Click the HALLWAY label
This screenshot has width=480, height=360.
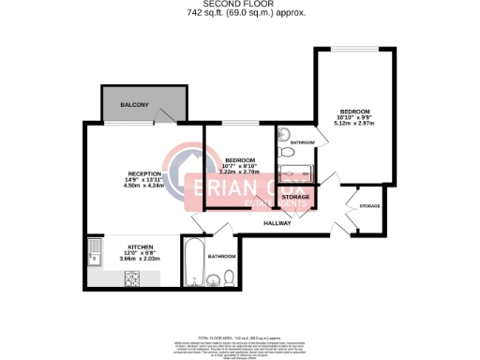click(277, 223)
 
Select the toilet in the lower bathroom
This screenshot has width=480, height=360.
click(229, 277)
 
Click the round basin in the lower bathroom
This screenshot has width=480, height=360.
click(212, 277)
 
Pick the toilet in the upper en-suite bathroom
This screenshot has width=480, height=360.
click(286, 153)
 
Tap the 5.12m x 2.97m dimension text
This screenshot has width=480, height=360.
click(354, 123)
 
